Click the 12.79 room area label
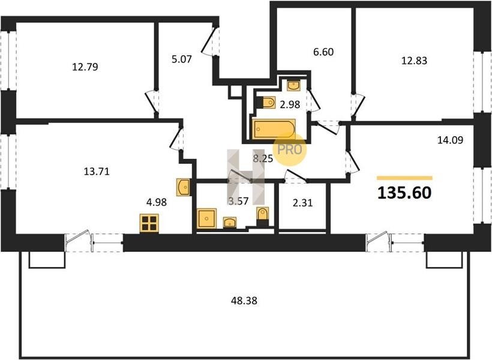85,67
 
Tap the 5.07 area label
182,59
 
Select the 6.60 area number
323,52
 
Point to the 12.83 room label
414,60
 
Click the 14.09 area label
450,140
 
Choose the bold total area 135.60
404,193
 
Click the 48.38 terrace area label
244,301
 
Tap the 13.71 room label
97,172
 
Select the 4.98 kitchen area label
157,202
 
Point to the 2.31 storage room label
303,203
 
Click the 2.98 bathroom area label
290,104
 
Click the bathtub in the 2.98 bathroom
274,129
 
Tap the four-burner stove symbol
149,223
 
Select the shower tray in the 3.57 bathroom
206,218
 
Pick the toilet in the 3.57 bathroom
262,214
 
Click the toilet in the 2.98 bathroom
268,103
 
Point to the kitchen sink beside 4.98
183,187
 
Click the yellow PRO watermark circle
290,150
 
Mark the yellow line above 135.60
404,178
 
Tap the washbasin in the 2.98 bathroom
293,85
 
